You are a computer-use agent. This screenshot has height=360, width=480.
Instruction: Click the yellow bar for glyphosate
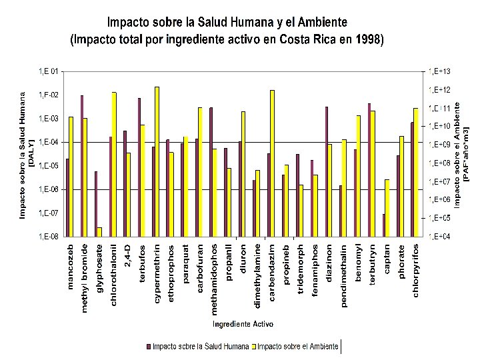click(x=99, y=231)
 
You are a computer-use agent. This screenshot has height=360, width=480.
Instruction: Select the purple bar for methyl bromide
click(x=82, y=165)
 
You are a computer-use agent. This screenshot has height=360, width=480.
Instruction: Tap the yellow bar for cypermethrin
click(x=157, y=161)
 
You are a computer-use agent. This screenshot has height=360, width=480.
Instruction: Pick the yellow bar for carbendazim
click(x=272, y=163)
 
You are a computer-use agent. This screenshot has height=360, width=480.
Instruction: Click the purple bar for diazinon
click(x=327, y=171)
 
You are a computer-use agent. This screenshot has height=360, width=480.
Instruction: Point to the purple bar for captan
click(x=383, y=225)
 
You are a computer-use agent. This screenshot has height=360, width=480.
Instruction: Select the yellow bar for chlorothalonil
click(x=114, y=163)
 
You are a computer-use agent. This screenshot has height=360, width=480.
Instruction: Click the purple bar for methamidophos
click(x=211, y=171)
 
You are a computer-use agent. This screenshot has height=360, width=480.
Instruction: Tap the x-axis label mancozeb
click(x=71, y=267)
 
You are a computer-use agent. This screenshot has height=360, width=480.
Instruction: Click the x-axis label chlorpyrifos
click(x=416, y=271)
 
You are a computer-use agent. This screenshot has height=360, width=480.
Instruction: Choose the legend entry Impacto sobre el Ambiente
click(x=297, y=346)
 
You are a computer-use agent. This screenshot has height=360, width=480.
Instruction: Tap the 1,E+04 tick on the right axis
click(x=440, y=236)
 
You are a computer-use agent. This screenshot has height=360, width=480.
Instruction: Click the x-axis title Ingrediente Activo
click(x=243, y=324)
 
